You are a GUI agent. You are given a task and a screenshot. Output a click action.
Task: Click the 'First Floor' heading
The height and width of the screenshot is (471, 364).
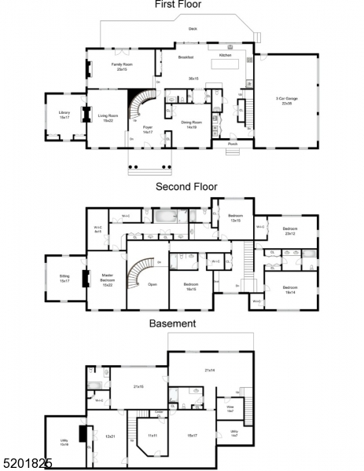[x=178, y=5]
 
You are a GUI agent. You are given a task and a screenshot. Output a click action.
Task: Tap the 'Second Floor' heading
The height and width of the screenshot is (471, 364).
[x=186, y=187]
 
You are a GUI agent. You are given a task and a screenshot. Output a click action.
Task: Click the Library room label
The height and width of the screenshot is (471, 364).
[x=64, y=115]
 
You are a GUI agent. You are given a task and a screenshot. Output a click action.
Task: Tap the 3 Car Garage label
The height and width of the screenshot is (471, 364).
[x=284, y=100]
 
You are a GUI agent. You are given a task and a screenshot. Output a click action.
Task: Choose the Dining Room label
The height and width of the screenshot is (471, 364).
[x=191, y=125]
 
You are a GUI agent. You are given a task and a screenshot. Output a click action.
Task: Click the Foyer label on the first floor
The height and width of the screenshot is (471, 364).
[x=147, y=130]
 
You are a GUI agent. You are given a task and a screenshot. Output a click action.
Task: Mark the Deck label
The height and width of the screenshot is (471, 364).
[x=193, y=29]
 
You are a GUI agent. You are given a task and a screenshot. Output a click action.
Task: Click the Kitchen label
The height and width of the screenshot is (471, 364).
[x=226, y=56]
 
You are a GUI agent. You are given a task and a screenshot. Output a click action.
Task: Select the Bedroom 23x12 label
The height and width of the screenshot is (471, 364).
[x=290, y=232]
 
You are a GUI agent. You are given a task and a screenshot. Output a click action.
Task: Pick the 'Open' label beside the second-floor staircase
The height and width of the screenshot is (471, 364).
[x=153, y=284]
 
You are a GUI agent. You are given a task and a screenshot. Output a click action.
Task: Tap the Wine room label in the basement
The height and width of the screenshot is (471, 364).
[x=230, y=407]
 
